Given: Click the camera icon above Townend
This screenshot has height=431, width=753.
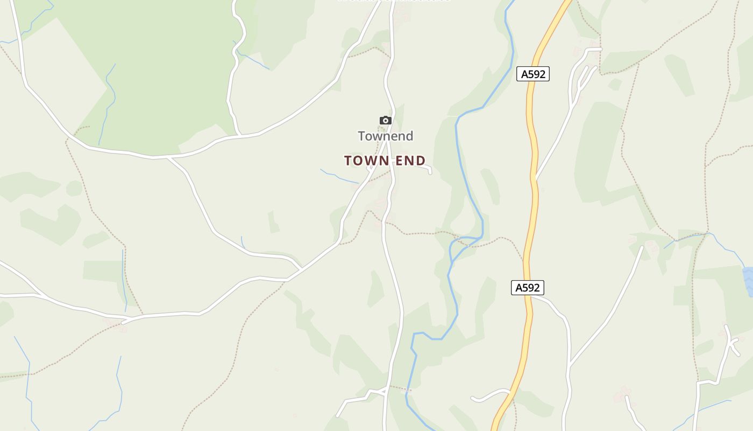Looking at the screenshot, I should [x=386, y=120].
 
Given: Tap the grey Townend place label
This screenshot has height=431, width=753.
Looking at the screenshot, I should [x=386, y=136].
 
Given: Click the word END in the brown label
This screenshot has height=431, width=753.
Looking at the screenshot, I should [x=410, y=161].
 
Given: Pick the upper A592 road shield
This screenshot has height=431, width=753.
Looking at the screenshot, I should [x=533, y=74].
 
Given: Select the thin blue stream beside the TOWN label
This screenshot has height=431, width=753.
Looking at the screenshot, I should [x=339, y=176].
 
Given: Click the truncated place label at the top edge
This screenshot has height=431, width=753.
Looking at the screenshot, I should [x=394, y=2].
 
